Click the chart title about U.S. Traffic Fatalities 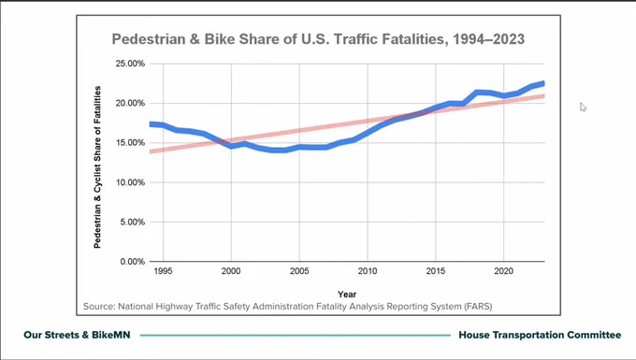point(318,39)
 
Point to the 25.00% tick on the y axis point(130,64)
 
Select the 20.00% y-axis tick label point(130,104)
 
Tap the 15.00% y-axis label point(130,143)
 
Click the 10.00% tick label point(130,182)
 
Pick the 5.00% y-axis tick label point(132,223)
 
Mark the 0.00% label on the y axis point(132,262)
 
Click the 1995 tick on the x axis point(163,271)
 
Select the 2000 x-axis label point(231,271)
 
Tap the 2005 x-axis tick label point(299,271)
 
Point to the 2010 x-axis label point(368,271)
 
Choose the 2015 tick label point(436,271)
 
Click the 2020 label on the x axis point(504,271)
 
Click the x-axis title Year point(347,295)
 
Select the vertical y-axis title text point(97,167)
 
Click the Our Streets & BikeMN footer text point(77,335)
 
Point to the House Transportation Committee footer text point(540,335)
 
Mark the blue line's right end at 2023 point(544,83)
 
